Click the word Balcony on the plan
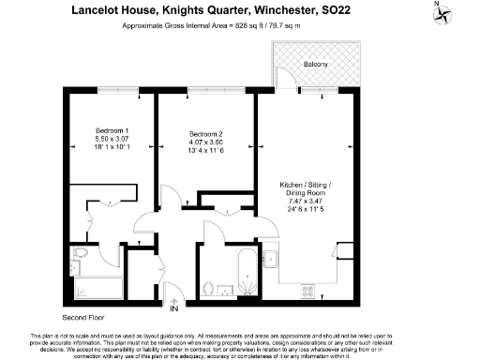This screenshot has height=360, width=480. coord(316,64)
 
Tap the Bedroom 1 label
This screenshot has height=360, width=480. coord(112,130)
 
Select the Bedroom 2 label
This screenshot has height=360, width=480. coord(202,134)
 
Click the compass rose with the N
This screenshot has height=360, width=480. coord(462,13)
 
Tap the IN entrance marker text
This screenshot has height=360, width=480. coord(173,307)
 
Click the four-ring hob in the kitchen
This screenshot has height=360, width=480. coord(307,292)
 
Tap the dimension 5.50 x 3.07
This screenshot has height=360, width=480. coord(112,139)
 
